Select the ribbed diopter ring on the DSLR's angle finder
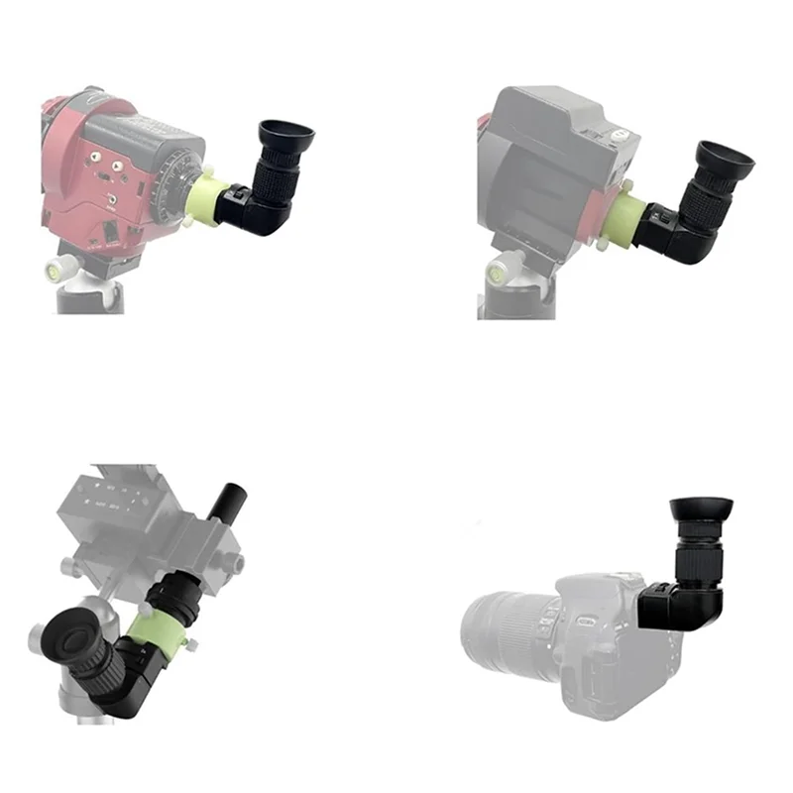pyautogui.click(x=705, y=555)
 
